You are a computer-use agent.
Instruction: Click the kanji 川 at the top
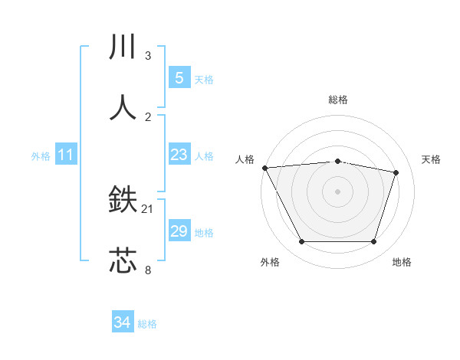click(x=123, y=47)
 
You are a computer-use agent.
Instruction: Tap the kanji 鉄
click(x=123, y=201)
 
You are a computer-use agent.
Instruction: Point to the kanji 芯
click(x=123, y=261)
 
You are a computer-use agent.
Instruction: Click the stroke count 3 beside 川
click(x=148, y=56)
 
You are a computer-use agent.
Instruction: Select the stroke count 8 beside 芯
click(x=148, y=270)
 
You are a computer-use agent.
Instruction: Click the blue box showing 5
click(x=179, y=77)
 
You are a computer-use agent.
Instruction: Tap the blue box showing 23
click(x=179, y=155)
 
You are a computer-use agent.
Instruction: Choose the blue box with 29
click(x=179, y=231)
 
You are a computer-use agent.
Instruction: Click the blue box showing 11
click(x=66, y=155)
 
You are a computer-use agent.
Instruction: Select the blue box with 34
click(x=123, y=322)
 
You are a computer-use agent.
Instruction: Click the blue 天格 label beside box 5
click(x=204, y=79)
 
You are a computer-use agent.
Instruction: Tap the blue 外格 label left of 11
click(x=41, y=155)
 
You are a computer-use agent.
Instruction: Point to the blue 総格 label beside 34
click(x=147, y=324)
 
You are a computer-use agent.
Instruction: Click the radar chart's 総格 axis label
click(x=337, y=100)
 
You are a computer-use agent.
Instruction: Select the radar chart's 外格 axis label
click(x=270, y=262)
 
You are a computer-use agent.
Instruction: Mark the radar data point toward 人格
click(x=264, y=168)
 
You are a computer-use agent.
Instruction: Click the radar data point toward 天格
click(x=396, y=172)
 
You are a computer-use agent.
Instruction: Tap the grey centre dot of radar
click(x=337, y=191)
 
